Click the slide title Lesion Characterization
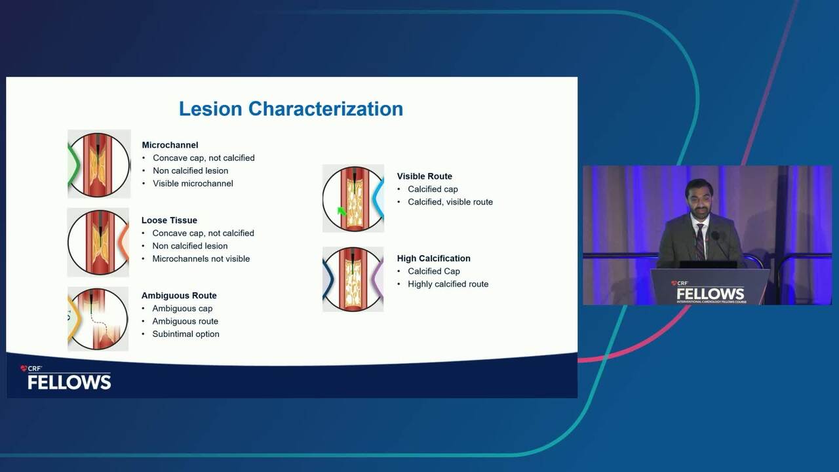point(291,109)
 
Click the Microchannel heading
point(170,145)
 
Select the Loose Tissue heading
point(169,220)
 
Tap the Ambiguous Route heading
point(179,296)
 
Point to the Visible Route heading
point(424,176)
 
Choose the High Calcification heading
point(434,258)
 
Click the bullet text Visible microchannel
point(193,184)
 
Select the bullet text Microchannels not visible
point(201,259)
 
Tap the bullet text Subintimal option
point(185,334)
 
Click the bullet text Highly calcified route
point(448,284)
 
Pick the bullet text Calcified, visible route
point(450,202)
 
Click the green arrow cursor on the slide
point(341,212)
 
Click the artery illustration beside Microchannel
point(99,164)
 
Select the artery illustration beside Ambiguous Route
point(98,319)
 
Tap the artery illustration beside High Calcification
point(353,279)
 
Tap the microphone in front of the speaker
point(715,236)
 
